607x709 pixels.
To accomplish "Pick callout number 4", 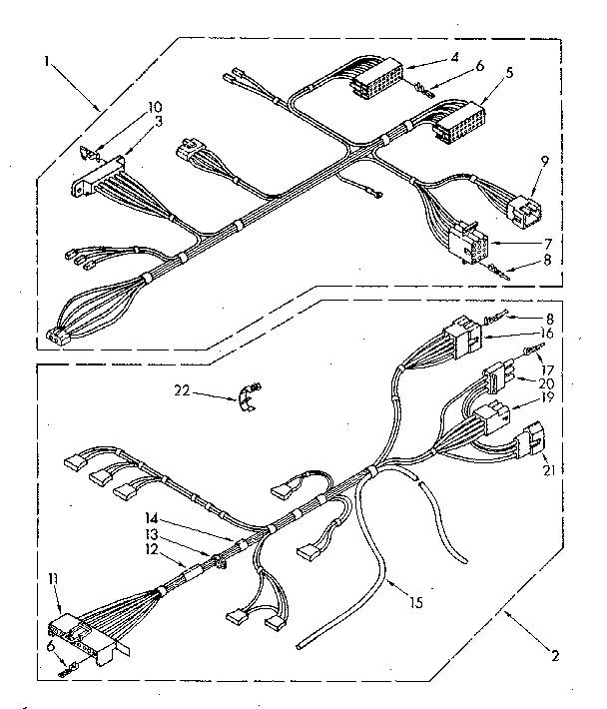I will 454,56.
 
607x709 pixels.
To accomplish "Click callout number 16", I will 547,333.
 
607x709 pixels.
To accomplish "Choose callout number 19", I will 548,396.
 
